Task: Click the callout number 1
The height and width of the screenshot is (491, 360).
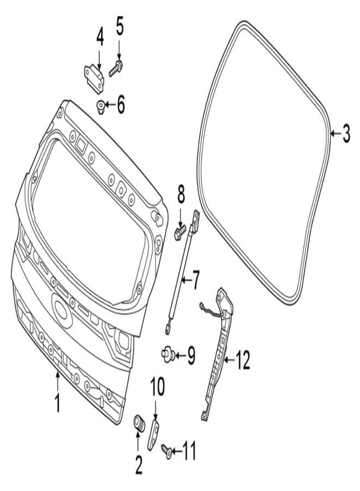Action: tap(57, 404)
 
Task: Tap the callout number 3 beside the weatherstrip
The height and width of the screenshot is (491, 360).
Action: tap(346, 134)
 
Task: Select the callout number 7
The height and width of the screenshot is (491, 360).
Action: tap(195, 280)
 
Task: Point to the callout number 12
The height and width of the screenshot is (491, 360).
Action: tap(243, 360)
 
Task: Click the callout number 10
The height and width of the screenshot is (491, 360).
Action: tap(158, 386)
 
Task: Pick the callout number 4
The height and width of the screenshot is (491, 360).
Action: tap(100, 37)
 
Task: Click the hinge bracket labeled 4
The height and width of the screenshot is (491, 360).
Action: tap(94, 78)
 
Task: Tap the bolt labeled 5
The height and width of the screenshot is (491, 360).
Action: tap(116, 68)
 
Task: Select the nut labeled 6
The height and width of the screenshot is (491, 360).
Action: tap(100, 106)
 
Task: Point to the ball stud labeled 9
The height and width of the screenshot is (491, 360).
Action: tap(169, 355)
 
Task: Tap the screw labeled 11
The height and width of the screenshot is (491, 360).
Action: tap(166, 450)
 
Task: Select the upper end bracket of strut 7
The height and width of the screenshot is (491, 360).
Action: tap(196, 221)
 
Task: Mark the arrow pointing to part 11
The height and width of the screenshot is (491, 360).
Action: tap(177, 451)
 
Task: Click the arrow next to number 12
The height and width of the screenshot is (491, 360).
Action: tap(230, 360)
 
